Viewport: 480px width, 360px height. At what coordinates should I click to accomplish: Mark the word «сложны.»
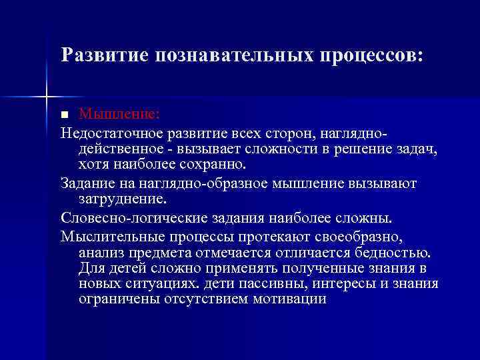[x=370, y=217]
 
